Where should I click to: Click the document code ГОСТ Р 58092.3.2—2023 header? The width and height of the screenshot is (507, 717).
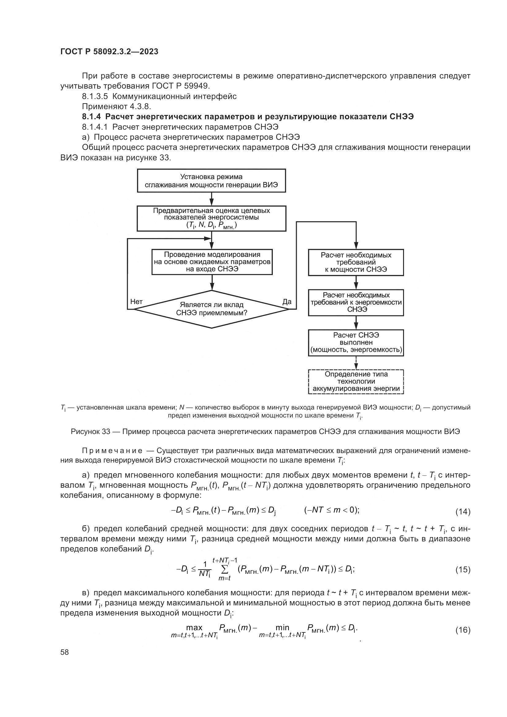[109, 51]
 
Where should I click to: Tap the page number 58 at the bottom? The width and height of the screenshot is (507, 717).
[65, 652]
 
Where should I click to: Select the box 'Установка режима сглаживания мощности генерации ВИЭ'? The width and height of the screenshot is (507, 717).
[212, 181]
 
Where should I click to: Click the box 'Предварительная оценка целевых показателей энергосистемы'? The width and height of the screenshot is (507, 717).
[212, 218]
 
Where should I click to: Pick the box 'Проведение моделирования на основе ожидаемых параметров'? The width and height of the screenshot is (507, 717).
[212, 262]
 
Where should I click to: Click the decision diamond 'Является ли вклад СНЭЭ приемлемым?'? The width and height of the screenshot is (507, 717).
[212, 309]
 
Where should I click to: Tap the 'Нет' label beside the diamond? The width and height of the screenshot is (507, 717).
[136, 301]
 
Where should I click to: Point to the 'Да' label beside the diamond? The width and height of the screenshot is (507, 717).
[287, 301]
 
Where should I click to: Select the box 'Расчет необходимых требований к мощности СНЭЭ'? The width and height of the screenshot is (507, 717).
[356, 262]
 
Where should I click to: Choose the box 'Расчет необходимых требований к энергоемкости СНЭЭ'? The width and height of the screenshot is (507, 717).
[356, 302]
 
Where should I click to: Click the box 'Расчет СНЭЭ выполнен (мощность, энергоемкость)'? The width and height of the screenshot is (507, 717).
[356, 343]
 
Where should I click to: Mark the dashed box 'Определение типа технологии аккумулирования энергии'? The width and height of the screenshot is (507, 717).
[356, 381]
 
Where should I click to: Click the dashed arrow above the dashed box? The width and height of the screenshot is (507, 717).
[356, 363]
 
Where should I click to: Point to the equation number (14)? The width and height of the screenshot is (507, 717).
[463, 512]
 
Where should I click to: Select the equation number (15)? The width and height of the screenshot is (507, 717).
[463, 570]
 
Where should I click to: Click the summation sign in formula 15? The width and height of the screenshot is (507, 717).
[224, 569]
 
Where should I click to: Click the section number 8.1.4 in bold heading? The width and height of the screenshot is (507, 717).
[91, 117]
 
